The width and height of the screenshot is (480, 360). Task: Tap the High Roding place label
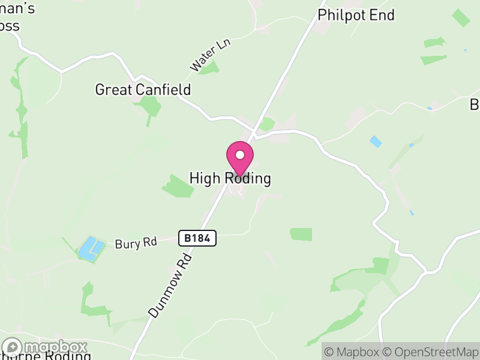(x=230, y=178)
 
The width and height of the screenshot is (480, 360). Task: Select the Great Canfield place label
(x=143, y=90)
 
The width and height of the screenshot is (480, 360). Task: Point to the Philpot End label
(x=356, y=15)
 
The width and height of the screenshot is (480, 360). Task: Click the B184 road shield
(x=197, y=238)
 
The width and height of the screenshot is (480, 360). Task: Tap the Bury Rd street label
(x=136, y=244)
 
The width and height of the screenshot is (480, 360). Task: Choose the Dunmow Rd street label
(x=170, y=285)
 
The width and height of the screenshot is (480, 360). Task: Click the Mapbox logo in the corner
(x=46, y=347)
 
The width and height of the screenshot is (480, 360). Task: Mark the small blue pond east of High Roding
(x=376, y=142)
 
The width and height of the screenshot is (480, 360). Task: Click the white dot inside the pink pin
(x=239, y=155)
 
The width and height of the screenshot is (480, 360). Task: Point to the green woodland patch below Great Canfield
(x=149, y=106)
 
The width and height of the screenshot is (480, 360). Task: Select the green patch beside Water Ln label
(x=210, y=68)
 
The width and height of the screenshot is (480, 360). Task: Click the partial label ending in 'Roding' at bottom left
(x=48, y=355)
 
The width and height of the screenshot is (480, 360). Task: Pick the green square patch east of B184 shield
(x=301, y=234)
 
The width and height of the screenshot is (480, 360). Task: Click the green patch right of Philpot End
(x=461, y=17)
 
